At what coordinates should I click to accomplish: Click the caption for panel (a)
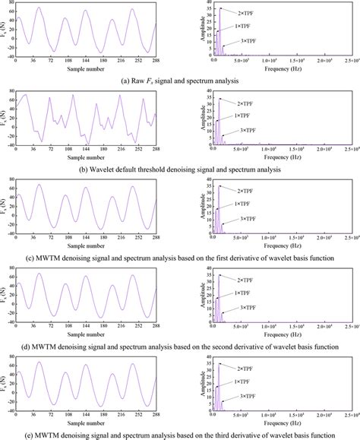point(179,79)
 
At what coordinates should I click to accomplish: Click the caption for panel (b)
point(180,168)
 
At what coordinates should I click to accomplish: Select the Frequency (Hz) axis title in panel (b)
point(277,157)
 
